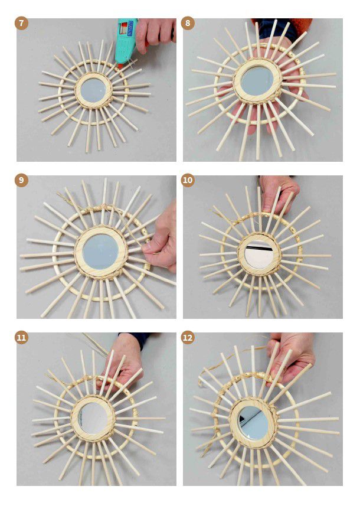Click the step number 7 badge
coord(21,24)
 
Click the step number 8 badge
coord(188,24)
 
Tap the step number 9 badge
coord(21,180)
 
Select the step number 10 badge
coord(188,180)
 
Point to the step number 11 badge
coord(21,338)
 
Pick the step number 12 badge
coord(188,338)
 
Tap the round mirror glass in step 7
coord(93,90)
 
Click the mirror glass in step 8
coord(257,81)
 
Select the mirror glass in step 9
coord(100,252)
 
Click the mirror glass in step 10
coord(260,255)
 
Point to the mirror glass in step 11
coord(93,418)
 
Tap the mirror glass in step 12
coord(253,422)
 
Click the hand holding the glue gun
coord(155,34)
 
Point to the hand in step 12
coord(291,357)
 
